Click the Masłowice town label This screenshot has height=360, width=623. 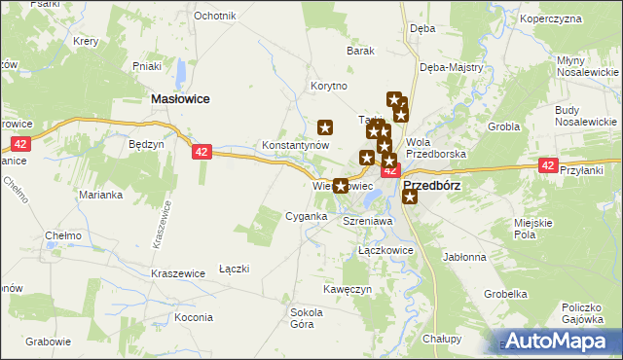(x=182, y=98)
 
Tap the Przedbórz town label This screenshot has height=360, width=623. (x=431, y=184)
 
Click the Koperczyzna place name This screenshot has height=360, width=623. (x=578, y=18)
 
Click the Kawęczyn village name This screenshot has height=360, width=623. (x=348, y=290)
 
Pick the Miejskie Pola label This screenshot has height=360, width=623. (x=539, y=229)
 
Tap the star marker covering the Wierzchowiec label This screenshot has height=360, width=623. (x=341, y=185)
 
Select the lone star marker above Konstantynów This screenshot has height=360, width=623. (x=326, y=126)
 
